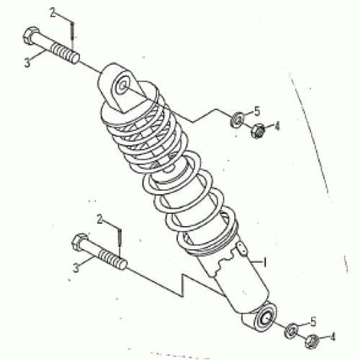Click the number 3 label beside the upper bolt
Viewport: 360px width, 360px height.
coord(27,63)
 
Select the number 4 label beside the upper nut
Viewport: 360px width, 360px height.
coord(276,125)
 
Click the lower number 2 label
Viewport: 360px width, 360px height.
coord(101,217)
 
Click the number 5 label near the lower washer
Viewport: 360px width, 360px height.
coord(312,321)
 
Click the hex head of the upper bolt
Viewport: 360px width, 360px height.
coord(30,36)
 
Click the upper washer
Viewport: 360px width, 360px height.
coord(235,119)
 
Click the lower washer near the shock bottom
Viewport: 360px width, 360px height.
coord(293,330)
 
